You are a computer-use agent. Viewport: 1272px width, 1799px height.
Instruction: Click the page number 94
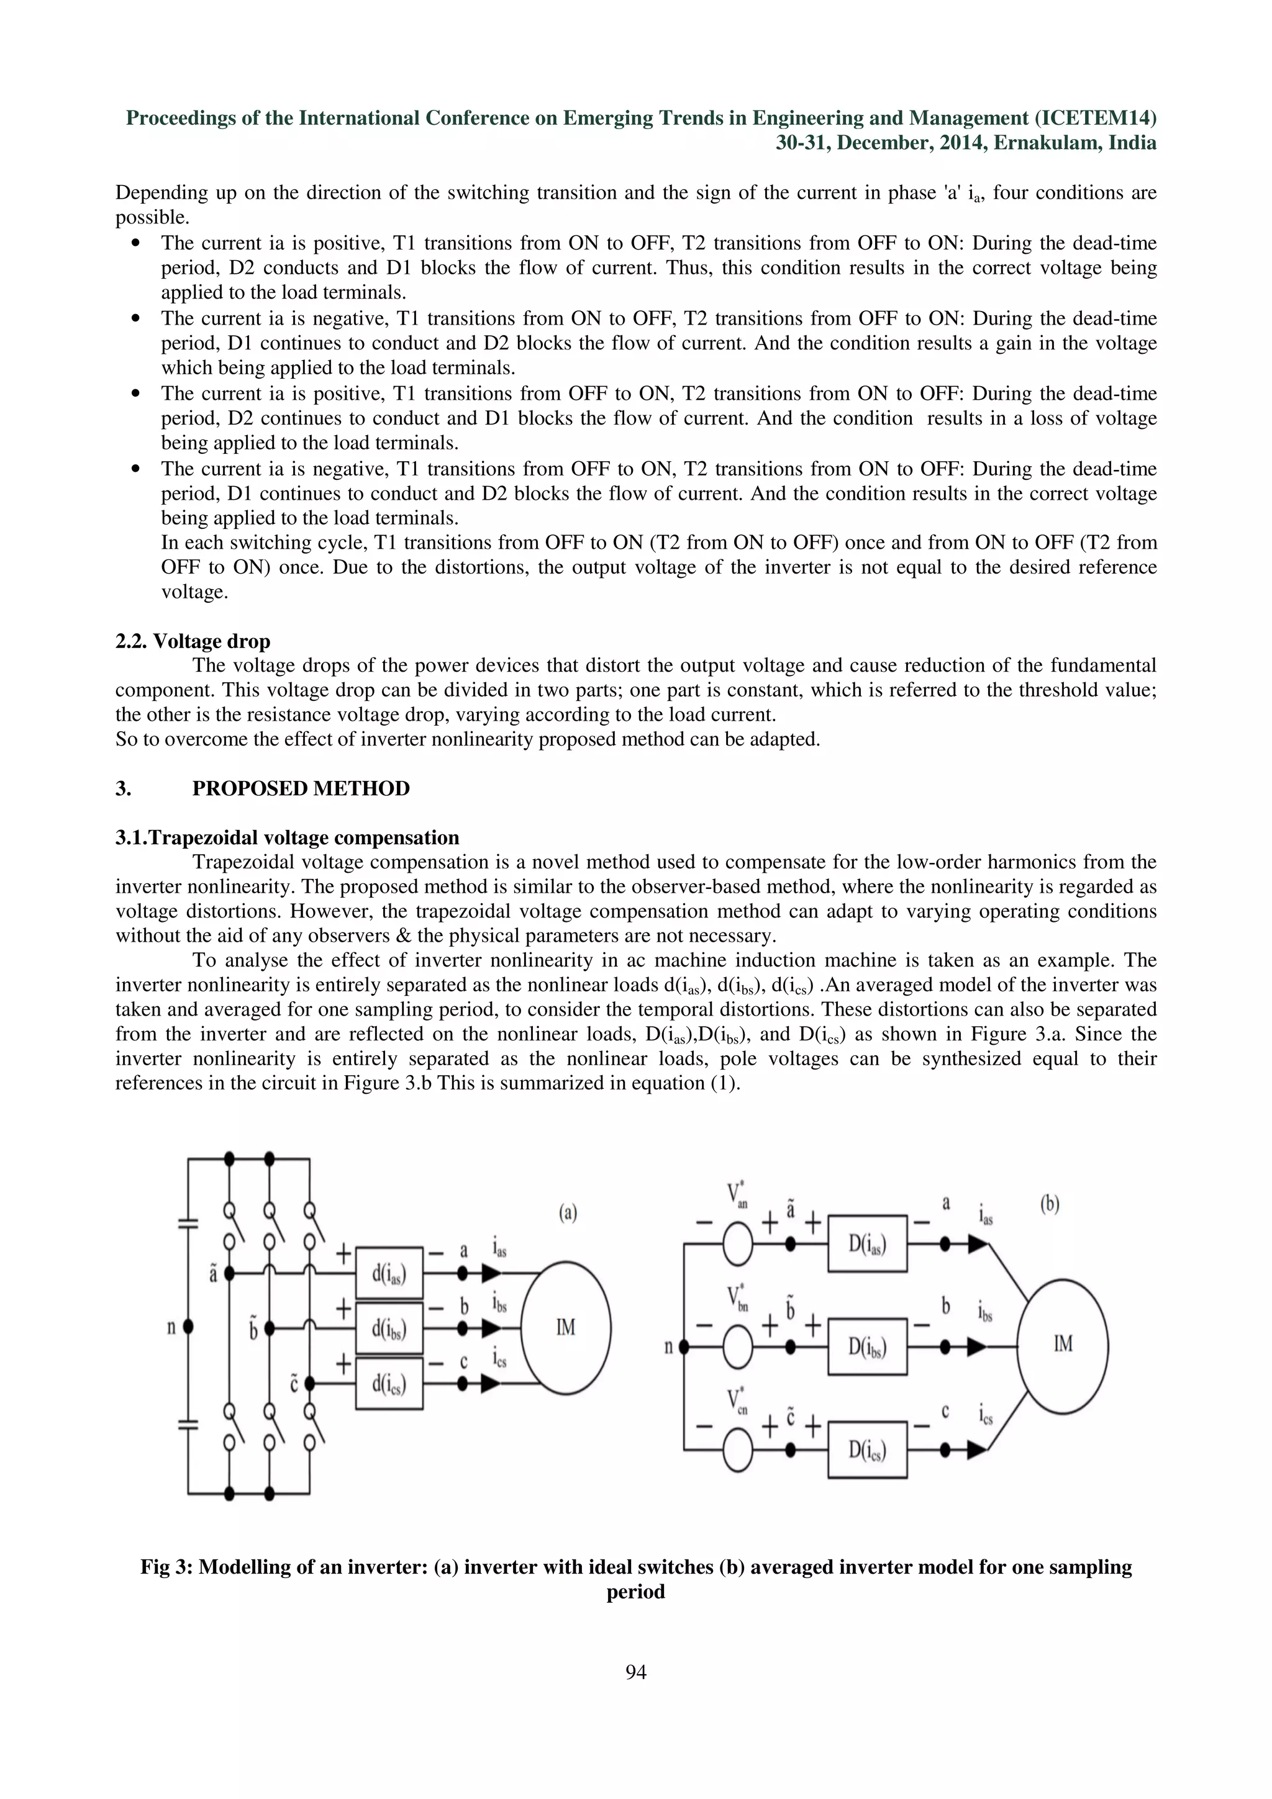pyautogui.click(x=635, y=1672)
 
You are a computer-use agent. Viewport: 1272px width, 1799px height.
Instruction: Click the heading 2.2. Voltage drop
pyautogui.click(x=193, y=641)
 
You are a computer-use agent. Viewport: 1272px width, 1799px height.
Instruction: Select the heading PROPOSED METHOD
pyautogui.click(x=301, y=788)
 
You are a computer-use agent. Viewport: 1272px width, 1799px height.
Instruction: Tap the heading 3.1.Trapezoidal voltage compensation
pyautogui.click(x=288, y=837)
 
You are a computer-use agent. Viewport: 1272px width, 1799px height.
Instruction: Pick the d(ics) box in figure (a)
pyautogui.click(x=389, y=1384)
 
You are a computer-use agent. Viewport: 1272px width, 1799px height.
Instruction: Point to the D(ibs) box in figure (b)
pyautogui.click(x=868, y=1347)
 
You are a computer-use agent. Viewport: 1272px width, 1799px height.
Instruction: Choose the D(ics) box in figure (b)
pyautogui.click(x=868, y=1450)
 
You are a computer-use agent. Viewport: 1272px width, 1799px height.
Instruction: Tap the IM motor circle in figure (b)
pyautogui.click(x=1063, y=1345)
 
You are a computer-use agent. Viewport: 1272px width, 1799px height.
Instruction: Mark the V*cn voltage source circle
pyautogui.click(x=737, y=1450)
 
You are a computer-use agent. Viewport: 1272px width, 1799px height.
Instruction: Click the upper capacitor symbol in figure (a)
pyautogui.click(x=188, y=1223)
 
